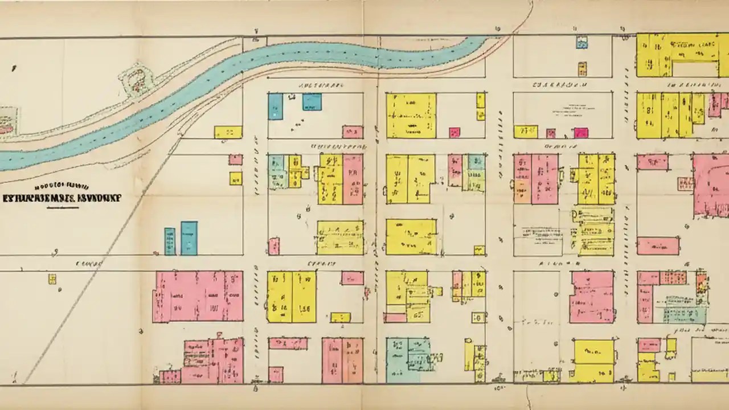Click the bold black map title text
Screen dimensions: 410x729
(62, 199)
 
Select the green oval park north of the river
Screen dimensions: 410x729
(136, 81)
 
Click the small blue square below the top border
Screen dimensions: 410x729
(581, 42)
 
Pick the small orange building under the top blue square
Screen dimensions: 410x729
(582, 69)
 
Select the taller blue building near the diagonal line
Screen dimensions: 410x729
(189, 238)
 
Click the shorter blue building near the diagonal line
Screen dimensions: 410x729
(170, 241)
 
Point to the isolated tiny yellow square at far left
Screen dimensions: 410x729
(52, 278)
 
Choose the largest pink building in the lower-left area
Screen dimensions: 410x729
(198, 296)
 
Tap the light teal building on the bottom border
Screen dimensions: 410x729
(408, 360)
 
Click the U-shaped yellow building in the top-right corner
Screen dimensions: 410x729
(678, 55)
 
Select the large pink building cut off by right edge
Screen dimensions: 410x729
(711, 185)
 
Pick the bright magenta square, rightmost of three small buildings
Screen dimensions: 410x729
(581, 133)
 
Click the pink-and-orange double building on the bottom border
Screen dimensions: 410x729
(342, 360)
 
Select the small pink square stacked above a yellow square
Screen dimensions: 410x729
(235, 159)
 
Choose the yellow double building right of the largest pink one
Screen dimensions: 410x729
(291, 296)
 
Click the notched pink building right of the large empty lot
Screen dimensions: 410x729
(592, 297)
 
